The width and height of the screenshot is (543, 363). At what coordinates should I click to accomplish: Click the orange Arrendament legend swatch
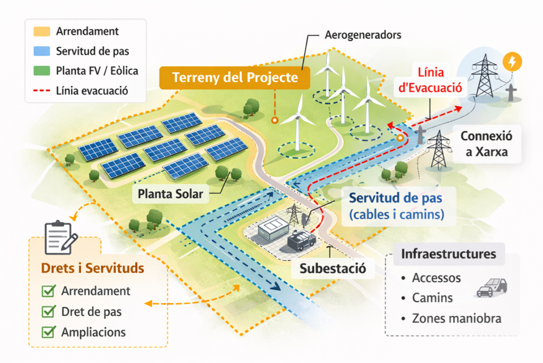tap(41, 31)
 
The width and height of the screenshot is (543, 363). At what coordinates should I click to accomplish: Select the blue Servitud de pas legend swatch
tap(41, 51)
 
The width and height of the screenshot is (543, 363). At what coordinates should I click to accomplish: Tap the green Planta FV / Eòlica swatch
tap(41, 71)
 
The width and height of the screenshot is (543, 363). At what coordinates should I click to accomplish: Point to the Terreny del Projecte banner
tap(235, 78)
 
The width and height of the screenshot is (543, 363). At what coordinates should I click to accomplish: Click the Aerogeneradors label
tap(362, 36)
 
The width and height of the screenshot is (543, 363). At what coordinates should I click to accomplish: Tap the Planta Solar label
tap(170, 194)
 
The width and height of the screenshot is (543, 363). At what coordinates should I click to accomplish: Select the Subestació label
tap(332, 268)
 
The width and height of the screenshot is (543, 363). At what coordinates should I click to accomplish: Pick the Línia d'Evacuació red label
tap(431, 80)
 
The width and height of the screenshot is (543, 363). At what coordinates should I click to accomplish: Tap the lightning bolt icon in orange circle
tap(512, 62)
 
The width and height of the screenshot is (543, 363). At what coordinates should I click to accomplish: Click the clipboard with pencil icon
tap(60, 238)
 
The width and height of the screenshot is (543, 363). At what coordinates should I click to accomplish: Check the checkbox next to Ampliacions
tap(49, 332)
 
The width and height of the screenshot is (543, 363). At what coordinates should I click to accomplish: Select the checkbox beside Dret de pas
tap(49, 311)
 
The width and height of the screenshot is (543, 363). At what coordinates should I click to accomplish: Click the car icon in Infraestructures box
tap(492, 287)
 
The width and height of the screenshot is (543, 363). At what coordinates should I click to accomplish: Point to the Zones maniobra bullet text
tap(457, 319)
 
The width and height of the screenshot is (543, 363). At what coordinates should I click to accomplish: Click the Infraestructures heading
tap(449, 254)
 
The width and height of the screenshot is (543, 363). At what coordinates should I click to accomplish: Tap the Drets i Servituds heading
tap(92, 268)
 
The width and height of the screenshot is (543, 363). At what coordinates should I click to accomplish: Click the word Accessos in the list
tap(436, 278)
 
